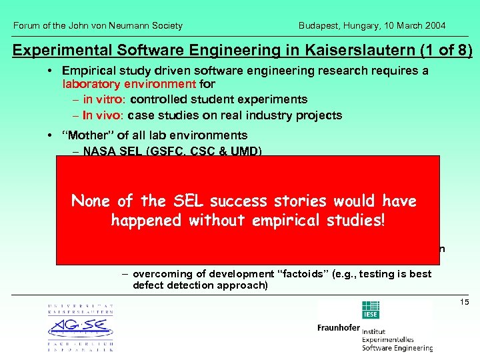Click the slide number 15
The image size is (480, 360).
click(465, 303)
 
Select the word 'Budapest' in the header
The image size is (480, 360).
click(319, 25)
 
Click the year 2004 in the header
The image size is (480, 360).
click(434, 25)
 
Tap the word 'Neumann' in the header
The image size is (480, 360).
click(137, 25)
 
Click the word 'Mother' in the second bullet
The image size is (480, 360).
click(83, 135)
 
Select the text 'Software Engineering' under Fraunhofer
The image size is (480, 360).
click(397, 347)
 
